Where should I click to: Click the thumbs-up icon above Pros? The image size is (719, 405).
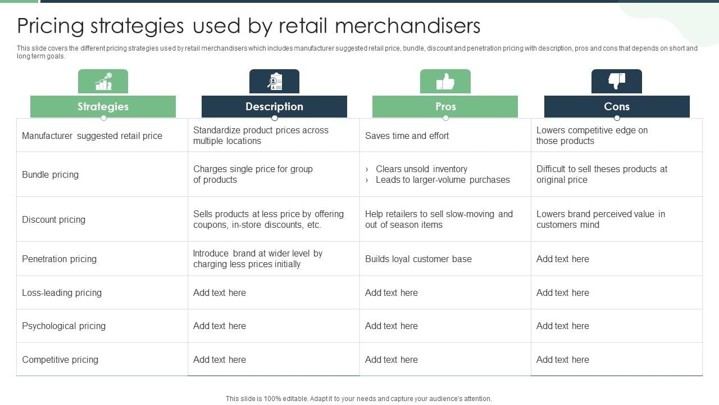pos(445,82)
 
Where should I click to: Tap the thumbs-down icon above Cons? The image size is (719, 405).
pos(617,82)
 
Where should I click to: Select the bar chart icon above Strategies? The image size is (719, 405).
pos(103,82)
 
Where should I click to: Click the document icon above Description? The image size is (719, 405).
pos(275,82)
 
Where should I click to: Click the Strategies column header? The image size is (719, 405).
pos(103,106)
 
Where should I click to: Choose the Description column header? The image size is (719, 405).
pos(274,106)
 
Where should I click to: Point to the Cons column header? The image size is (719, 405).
pos(617,106)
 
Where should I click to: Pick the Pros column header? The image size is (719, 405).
pos(445,106)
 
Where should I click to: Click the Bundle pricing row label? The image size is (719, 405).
pos(51,174)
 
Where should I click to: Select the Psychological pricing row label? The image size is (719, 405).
pos(64,326)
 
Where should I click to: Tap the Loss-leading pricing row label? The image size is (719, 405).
pos(62,292)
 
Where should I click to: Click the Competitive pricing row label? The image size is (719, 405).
pos(60,359)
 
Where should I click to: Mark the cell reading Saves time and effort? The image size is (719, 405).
pos(407,136)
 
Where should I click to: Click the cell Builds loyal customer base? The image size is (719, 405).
pos(418,259)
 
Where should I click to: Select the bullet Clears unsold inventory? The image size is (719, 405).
pos(421,169)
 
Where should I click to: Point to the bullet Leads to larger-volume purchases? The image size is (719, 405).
pos(443,180)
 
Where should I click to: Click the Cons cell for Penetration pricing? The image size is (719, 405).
pos(563,259)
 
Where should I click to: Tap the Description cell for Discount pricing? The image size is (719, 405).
pos(269,219)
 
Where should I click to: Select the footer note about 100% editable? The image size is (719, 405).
pos(359,398)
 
